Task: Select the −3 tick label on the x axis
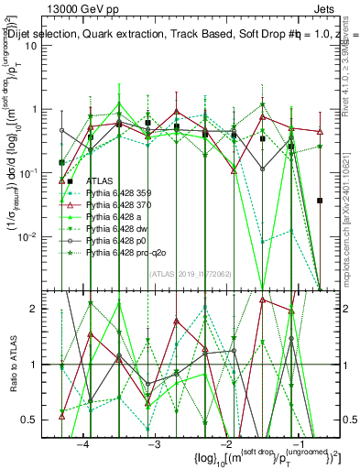[154, 442]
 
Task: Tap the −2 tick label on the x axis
[225, 442]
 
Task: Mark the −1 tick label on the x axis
[297, 442]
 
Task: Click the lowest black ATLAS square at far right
[320, 200]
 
